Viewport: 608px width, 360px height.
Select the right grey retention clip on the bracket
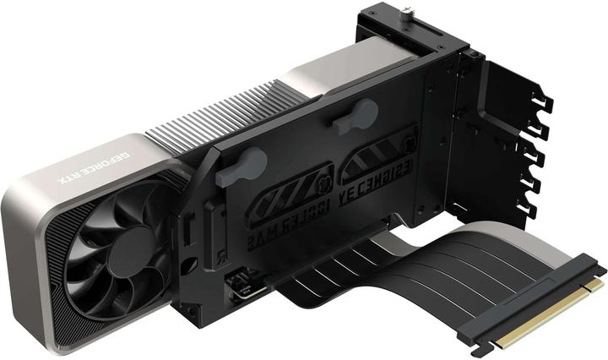click(356, 117)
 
